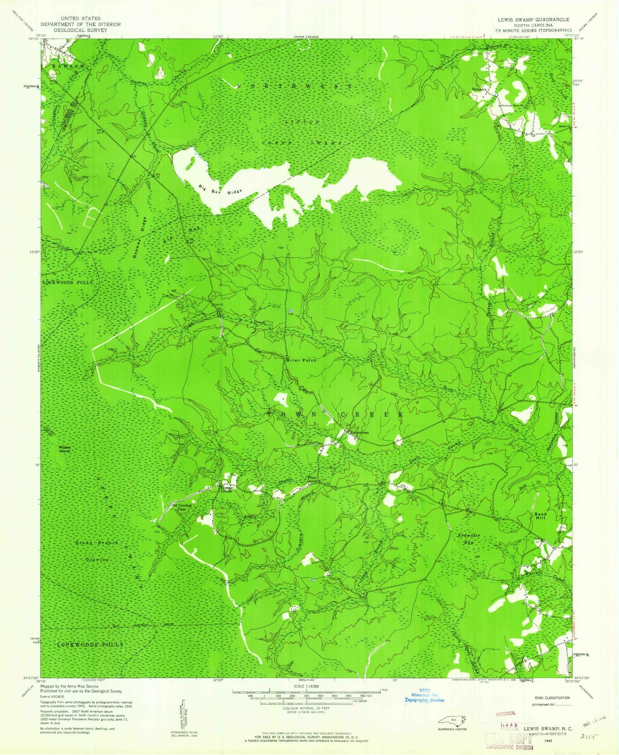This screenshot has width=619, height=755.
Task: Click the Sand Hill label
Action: pos(540,516)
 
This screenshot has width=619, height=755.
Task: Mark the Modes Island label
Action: pos(64,449)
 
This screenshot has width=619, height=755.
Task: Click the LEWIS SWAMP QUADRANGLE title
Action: pos(533,19)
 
